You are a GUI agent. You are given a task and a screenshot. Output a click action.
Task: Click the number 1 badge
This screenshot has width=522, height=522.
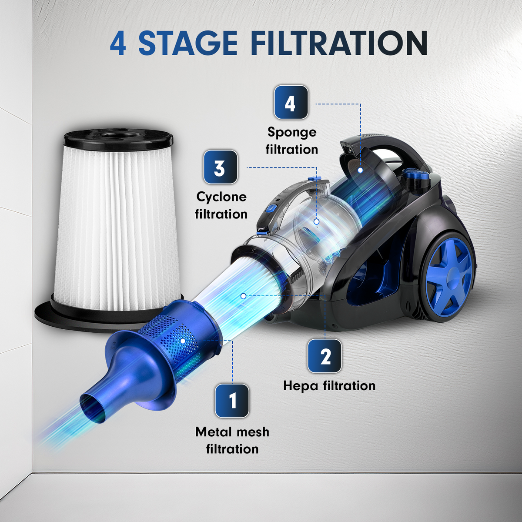(232, 401)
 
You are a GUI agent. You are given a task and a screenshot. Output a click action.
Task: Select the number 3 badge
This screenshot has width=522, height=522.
(220, 167)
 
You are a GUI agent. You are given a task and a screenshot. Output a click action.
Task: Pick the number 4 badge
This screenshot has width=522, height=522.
(291, 102)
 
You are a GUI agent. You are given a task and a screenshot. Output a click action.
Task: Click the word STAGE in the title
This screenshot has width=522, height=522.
(187, 43)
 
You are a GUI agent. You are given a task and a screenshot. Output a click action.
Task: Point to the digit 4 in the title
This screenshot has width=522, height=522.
(118, 44)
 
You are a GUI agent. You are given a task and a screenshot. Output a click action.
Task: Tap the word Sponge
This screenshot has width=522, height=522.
(292, 133)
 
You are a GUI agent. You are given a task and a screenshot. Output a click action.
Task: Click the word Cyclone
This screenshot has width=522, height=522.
(221, 197)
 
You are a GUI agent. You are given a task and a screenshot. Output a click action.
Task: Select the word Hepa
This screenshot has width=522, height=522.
(301, 386)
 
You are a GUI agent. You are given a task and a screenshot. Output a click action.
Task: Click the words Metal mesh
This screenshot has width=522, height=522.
(232, 432)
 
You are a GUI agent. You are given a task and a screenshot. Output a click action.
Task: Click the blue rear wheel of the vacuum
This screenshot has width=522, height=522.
(450, 281)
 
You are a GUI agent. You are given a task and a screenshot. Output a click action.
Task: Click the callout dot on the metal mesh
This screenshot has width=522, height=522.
(183, 341)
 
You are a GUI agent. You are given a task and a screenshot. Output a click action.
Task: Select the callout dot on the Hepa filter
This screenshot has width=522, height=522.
(243, 296)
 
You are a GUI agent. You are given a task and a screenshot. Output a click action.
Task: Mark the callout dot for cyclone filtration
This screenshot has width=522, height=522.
(316, 221)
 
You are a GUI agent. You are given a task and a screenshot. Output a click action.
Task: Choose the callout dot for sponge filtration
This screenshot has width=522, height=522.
(360, 170)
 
